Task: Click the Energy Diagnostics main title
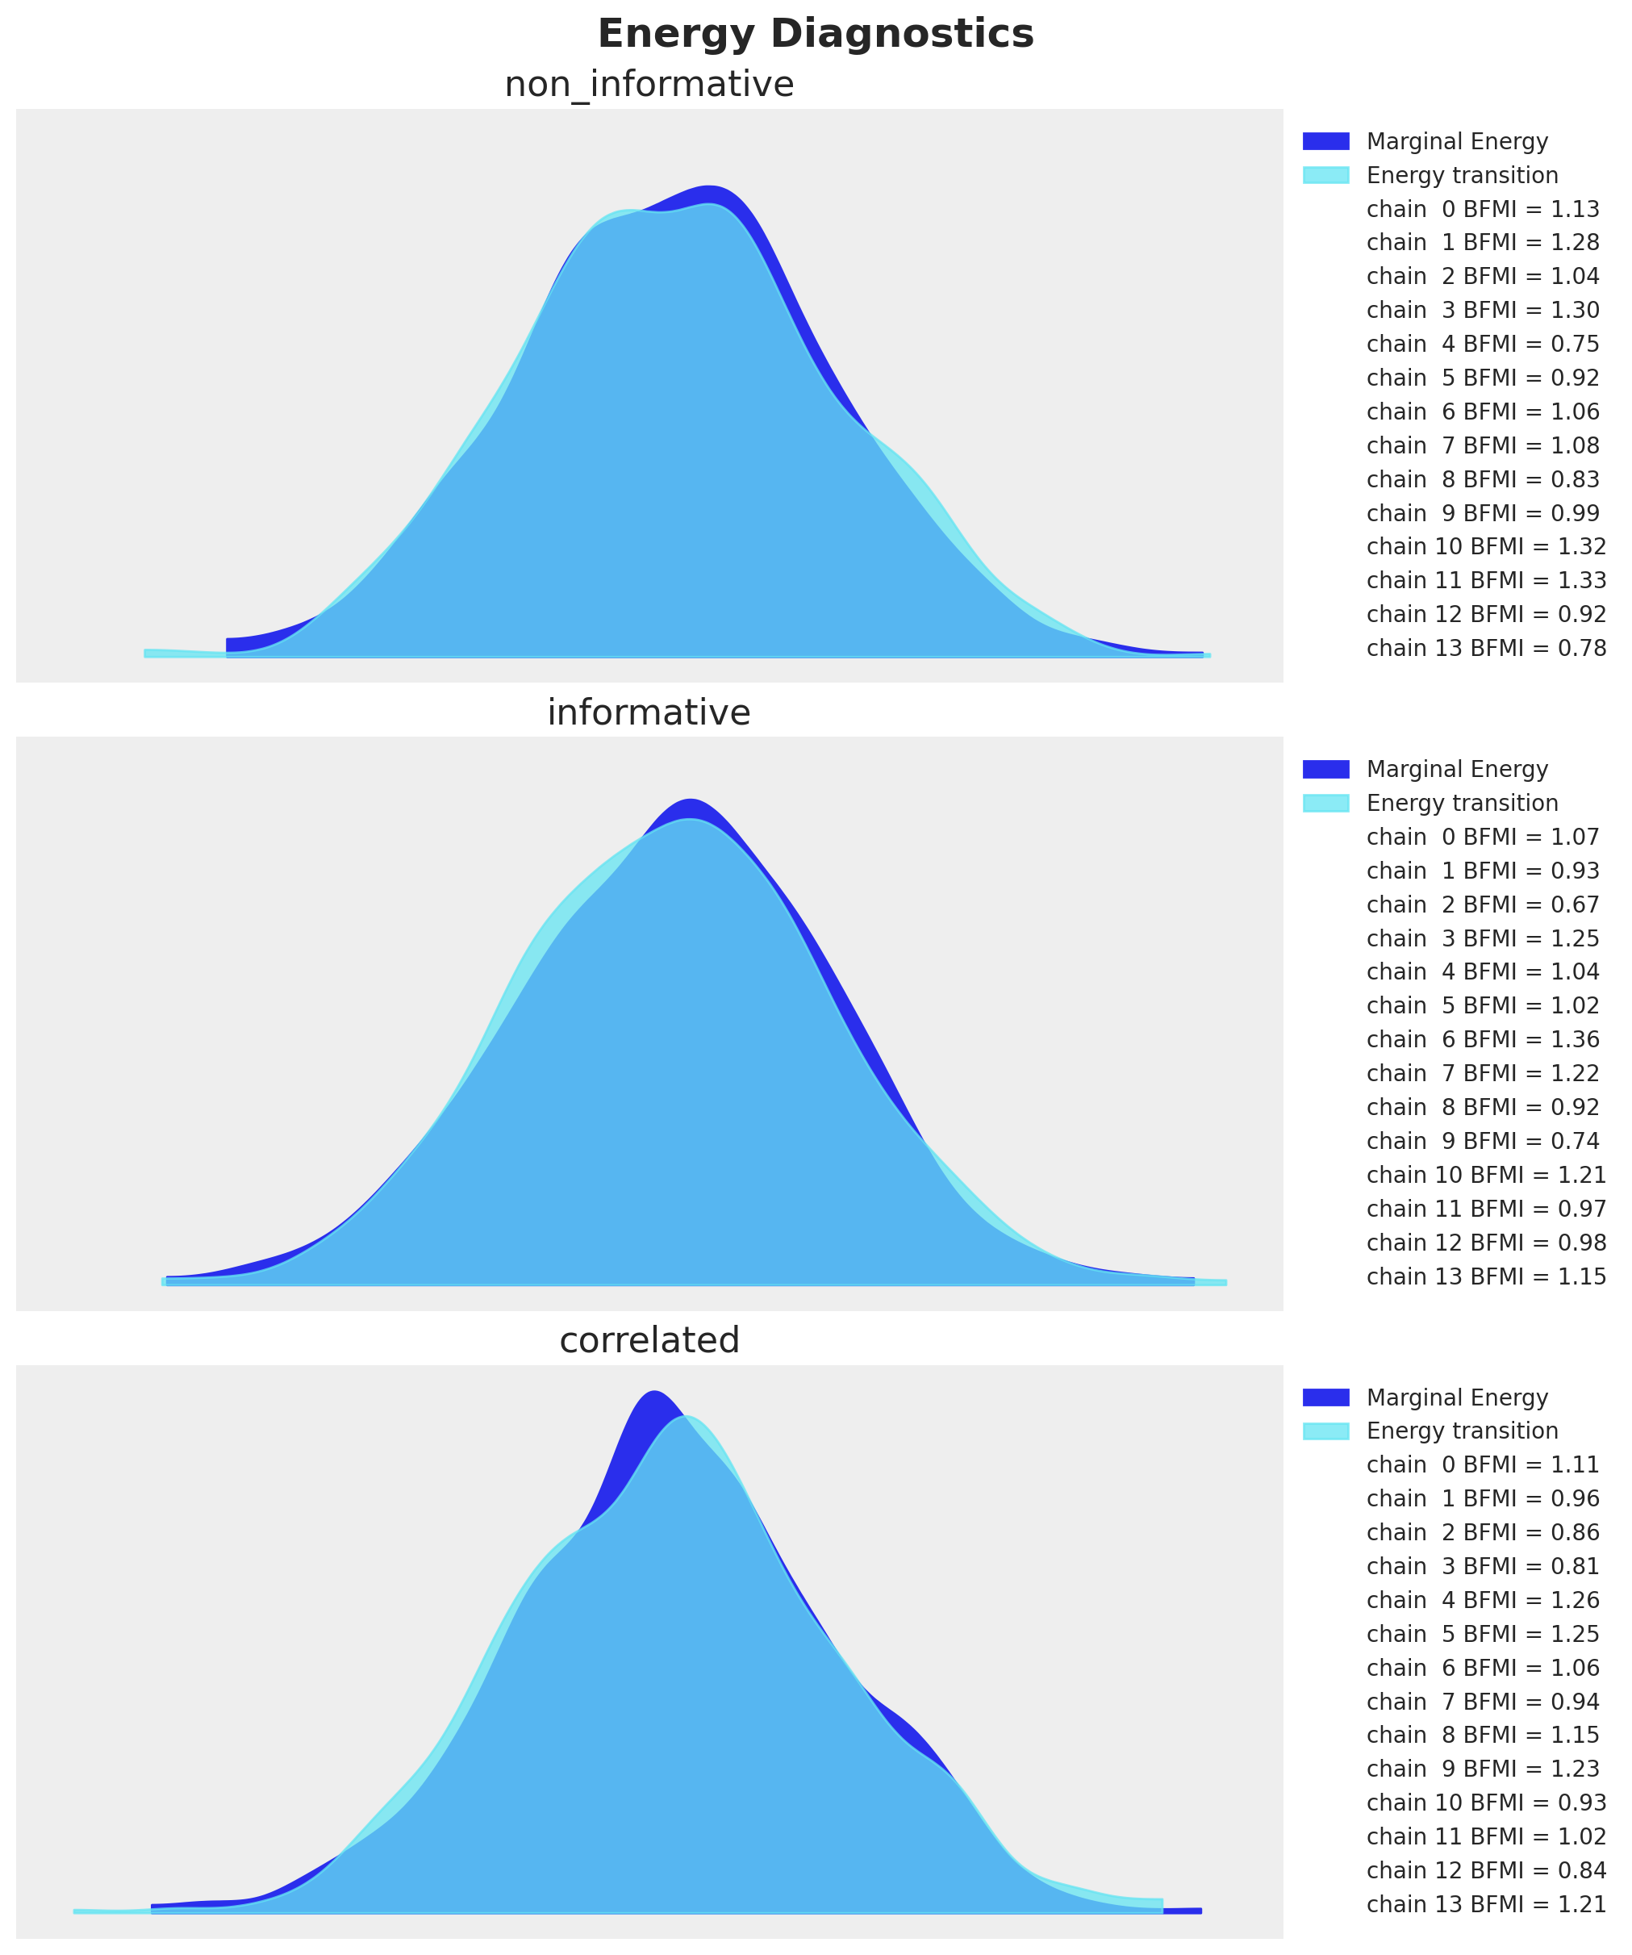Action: coord(816,35)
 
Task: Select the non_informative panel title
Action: coord(649,85)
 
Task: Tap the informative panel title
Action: coord(649,712)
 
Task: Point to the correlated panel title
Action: coord(649,1339)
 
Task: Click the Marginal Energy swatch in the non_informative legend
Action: coord(1325,141)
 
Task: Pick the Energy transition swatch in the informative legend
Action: coord(1325,803)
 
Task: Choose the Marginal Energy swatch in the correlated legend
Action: coord(1325,1397)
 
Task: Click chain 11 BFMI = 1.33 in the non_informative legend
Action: coord(1486,581)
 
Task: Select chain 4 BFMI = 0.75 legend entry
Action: coord(1482,345)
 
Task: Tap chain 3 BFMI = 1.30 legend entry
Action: coord(1482,310)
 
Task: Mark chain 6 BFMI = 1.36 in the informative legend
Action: coord(1482,1040)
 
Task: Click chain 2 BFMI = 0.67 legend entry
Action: coord(1482,905)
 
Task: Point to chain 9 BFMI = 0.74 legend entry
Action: coord(1482,1142)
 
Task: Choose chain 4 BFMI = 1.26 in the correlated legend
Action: coord(1482,1600)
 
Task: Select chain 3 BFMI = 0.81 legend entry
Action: coord(1482,1567)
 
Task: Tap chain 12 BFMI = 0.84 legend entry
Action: coord(1486,1870)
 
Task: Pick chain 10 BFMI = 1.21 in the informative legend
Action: coord(1486,1175)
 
